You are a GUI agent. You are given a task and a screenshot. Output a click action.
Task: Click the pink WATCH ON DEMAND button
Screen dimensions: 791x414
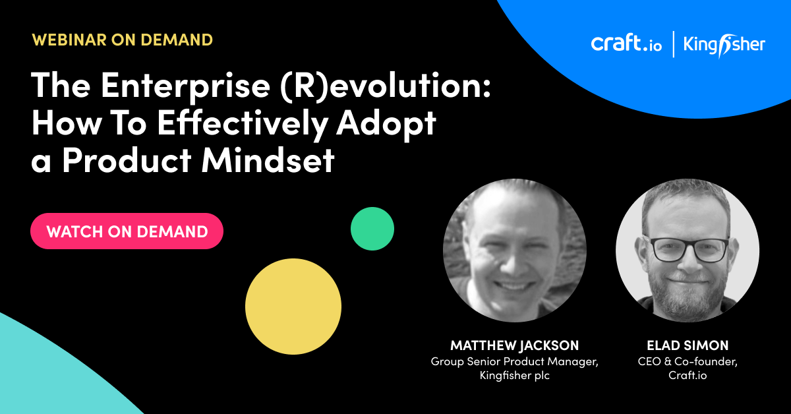pyautogui.click(x=127, y=231)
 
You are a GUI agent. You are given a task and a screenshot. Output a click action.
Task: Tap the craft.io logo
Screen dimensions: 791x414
pyautogui.click(x=626, y=44)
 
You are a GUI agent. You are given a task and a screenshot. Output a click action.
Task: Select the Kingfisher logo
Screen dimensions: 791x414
pyautogui.click(x=724, y=45)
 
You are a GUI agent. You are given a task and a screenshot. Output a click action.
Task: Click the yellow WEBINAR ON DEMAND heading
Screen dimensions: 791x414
pyautogui.click(x=122, y=40)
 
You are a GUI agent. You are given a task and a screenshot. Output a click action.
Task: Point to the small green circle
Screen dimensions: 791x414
pyautogui.click(x=372, y=229)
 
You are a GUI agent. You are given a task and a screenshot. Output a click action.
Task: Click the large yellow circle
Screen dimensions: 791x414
pyautogui.click(x=293, y=307)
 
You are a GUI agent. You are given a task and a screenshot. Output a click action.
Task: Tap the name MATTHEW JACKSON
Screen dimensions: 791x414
pyautogui.click(x=515, y=345)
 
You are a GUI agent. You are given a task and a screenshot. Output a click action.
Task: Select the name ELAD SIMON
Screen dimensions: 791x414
pyautogui.click(x=688, y=345)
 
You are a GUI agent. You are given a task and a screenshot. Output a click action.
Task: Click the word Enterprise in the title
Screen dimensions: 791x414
pyautogui.click(x=186, y=86)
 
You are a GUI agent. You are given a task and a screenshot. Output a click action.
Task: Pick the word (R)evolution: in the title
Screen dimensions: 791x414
pyautogui.click(x=386, y=86)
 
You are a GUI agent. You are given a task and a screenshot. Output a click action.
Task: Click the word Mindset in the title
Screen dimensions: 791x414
pyautogui.click(x=268, y=161)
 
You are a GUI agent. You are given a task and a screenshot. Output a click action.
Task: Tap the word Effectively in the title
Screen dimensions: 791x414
pyautogui.click(x=242, y=124)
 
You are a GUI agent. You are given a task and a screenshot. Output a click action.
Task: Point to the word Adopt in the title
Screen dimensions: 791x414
pyautogui.click(x=386, y=125)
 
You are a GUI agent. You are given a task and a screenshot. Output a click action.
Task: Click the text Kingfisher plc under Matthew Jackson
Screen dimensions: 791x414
pyautogui.click(x=515, y=375)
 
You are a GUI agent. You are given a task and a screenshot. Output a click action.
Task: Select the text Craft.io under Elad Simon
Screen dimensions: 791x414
pyautogui.click(x=688, y=375)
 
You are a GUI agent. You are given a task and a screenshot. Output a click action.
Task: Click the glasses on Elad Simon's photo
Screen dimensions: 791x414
pyautogui.click(x=689, y=250)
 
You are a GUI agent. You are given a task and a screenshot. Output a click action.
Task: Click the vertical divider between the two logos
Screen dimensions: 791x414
pyautogui.click(x=674, y=44)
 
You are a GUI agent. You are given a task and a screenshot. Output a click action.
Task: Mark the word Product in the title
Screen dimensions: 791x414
pyautogui.click(x=127, y=161)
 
